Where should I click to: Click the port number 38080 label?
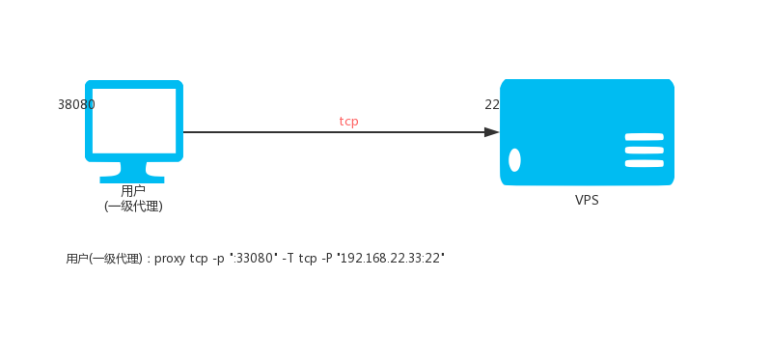coord(76,104)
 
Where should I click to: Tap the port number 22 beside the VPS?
coord(492,104)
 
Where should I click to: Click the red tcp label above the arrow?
coord(348,122)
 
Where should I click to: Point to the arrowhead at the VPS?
coord(491,132)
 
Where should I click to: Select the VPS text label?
coord(587,201)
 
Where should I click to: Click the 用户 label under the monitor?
coord(133,190)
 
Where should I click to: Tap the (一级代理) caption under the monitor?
coord(133,207)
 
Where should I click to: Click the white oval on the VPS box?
coord(514,160)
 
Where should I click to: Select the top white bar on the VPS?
coord(645,137)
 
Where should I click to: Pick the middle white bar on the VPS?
coord(645,151)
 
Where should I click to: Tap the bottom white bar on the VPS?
coord(645,163)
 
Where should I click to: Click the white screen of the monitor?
coord(134,121)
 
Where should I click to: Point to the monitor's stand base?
coord(132,180)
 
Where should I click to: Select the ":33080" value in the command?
coord(254,258)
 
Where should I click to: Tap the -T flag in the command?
coord(289,259)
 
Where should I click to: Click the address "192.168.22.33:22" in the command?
coord(391,258)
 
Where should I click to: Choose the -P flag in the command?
coord(327,259)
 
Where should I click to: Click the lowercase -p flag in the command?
coord(218,260)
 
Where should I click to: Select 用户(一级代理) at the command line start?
coord(104,259)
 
